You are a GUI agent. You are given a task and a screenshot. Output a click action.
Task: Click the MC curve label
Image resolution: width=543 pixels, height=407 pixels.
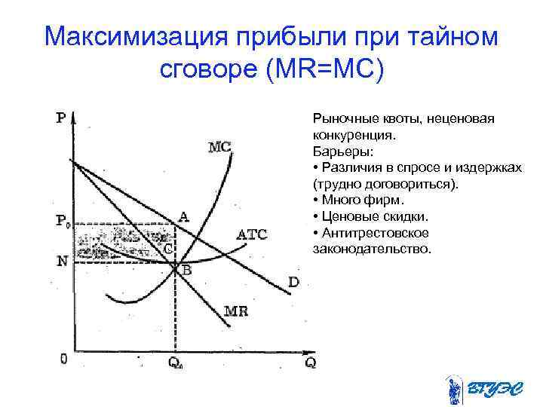219,147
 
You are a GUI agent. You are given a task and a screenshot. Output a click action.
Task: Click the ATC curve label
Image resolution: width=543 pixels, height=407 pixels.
252,234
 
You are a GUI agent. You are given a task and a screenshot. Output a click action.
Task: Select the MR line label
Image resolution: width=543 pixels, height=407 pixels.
235,311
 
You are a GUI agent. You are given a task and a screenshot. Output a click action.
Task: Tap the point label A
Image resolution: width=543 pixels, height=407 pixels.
183,216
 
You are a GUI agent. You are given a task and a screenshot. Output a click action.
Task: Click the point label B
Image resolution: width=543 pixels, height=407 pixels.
185,269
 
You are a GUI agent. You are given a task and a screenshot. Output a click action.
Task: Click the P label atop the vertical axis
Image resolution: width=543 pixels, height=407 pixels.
60,118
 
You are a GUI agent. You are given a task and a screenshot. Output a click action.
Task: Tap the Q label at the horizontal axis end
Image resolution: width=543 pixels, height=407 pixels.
310,363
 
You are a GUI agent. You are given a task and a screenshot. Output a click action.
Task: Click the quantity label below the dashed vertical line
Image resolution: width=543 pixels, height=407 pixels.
175,363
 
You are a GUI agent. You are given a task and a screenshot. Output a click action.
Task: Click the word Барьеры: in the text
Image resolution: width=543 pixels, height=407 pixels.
337,150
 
